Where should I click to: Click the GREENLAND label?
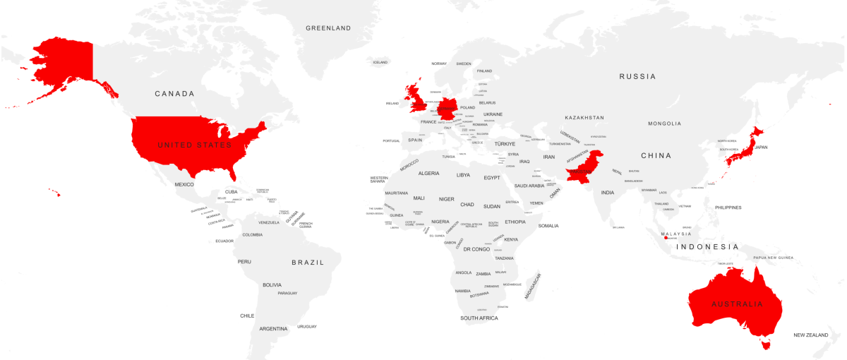[328, 28]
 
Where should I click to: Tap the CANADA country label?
[174, 94]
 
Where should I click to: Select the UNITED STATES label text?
[194, 145]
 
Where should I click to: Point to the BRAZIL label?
[308, 263]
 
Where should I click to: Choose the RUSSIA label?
[637, 76]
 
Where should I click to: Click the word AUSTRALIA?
[737, 304]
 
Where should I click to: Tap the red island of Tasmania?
[764, 344]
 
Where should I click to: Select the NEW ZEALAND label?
[811, 335]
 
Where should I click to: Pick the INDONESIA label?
[707, 247]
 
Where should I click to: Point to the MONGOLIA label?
[665, 124]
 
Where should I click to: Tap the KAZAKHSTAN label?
[584, 117]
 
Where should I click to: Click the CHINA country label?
[656, 155]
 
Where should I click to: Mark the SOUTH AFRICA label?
[479, 318]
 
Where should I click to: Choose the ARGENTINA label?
[273, 329]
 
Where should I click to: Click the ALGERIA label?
[428, 174]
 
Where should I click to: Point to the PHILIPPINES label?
[728, 208]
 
